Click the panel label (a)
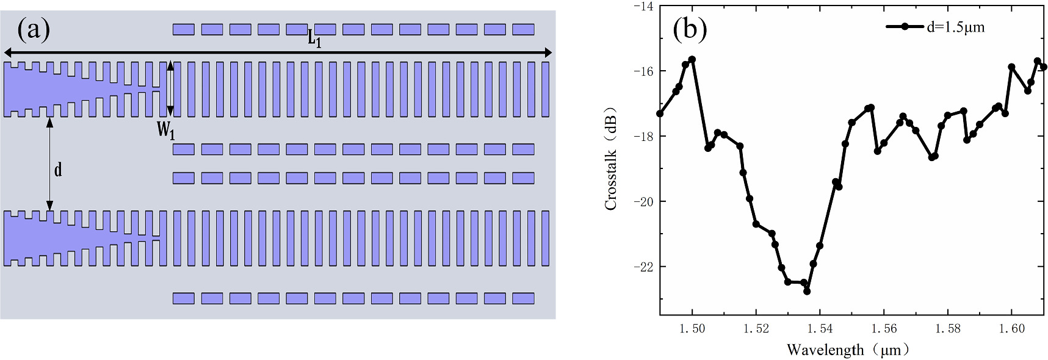34,29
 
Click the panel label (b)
689,29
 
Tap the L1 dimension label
314,40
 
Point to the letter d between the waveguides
58,169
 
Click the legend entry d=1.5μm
955,27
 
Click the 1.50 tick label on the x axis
692,329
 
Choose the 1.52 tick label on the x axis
756,329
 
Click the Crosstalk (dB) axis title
611,159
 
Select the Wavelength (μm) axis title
848,350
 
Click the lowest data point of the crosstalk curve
807,292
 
